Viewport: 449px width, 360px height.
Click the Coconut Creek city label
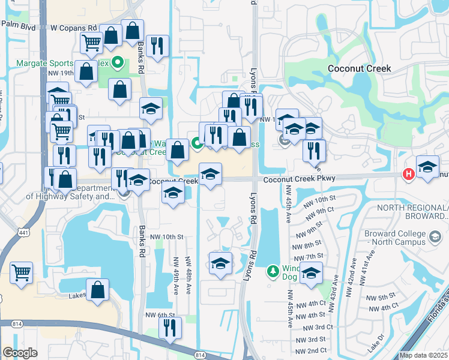[x=360, y=68]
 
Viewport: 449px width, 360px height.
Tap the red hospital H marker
[x=409, y=174]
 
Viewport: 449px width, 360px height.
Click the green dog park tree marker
[x=273, y=271]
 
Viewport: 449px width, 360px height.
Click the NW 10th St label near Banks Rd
[x=166, y=237]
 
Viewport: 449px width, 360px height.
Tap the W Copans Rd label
[x=73, y=28]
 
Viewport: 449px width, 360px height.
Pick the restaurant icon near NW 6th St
[x=170, y=327]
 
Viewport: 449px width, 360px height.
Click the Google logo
[x=20, y=353]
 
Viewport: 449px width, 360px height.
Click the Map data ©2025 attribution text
[x=424, y=355]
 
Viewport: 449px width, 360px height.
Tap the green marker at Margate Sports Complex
[x=118, y=62]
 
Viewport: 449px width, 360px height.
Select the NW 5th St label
[x=377, y=298]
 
